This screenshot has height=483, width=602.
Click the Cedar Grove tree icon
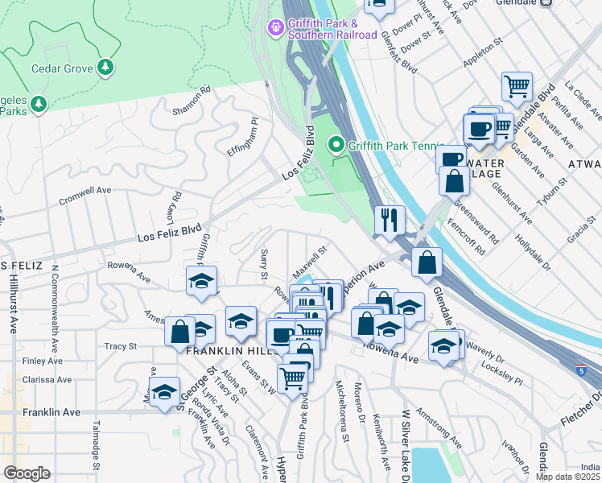(105, 68)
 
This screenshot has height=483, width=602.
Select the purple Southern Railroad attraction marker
(276, 28)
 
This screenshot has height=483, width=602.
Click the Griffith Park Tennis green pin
(336, 145)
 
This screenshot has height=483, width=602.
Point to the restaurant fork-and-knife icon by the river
(390, 220)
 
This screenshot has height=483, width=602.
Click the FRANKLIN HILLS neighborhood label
(225, 352)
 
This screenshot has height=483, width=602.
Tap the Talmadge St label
(96, 445)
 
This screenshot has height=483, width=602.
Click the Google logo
(27, 473)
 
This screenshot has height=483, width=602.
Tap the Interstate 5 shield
(581, 370)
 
